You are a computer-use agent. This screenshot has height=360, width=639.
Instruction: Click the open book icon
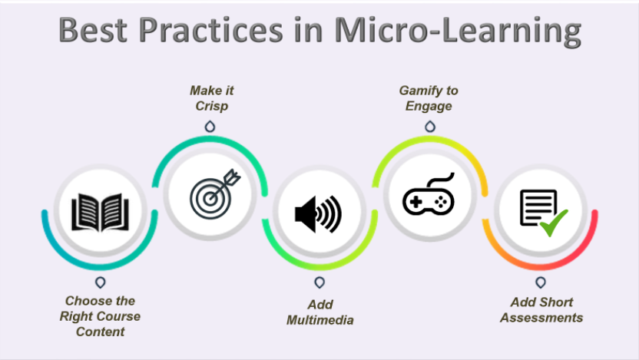pos(100,213)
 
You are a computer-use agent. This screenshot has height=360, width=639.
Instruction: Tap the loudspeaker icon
pos(317,214)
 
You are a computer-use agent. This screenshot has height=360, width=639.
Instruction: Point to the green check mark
pos(552,224)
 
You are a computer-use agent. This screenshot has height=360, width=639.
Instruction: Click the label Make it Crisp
pos(211,98)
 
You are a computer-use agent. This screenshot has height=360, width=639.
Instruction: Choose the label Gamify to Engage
pos(428,98)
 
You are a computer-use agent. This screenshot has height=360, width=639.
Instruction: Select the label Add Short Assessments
pos(541,310)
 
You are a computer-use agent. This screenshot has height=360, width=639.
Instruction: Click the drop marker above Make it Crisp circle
pos(211,126)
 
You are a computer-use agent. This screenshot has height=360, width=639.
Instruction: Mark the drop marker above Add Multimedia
pos(319,282)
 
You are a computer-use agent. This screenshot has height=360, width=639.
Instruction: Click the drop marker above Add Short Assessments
pos(541,282)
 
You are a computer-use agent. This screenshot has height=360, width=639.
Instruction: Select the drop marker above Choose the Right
pos(101,282)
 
